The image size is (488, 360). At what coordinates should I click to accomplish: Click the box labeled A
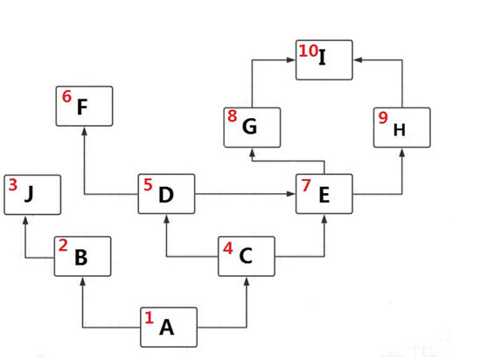169,327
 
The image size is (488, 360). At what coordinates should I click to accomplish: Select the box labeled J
32,195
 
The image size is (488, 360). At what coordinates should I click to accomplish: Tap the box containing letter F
84,106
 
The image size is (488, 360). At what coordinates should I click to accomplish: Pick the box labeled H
401,128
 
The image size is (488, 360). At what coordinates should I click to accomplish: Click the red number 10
308,51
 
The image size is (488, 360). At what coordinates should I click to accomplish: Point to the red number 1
149,318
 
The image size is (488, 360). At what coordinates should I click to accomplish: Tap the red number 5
148,184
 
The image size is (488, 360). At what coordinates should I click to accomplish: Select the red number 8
232,115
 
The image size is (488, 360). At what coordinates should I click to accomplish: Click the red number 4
227,248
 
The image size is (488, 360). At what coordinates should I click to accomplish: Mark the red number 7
306,185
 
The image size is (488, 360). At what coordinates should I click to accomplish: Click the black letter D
166,195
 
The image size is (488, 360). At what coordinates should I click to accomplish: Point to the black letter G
249,127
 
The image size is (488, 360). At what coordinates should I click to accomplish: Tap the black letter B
81,258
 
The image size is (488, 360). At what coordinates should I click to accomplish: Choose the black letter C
246,256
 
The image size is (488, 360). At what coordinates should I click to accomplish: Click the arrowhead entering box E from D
291,194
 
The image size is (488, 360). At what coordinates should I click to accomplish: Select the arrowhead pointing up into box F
84,131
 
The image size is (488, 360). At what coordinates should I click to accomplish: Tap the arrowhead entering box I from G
291,59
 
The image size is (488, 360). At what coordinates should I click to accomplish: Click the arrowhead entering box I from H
358,59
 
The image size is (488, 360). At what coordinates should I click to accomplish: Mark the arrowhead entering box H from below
401,152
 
